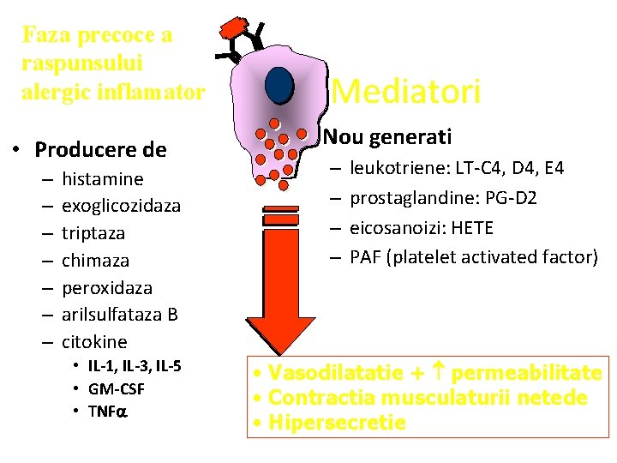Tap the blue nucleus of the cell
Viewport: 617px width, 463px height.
pos(279,84)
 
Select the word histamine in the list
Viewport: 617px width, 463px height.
pos(103,179)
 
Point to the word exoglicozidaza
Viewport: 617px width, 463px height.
pos(121,206)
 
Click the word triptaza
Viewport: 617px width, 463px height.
pos(93,233)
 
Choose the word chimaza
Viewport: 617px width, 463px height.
pos(94,260)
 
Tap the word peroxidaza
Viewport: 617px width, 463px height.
pos(107,287)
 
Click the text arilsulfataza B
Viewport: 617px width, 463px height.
pos(120,315)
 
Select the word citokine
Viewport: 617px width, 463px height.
pos(94,341)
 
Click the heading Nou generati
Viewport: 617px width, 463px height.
pos(386,137)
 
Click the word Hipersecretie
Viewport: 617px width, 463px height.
pos(338,422)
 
